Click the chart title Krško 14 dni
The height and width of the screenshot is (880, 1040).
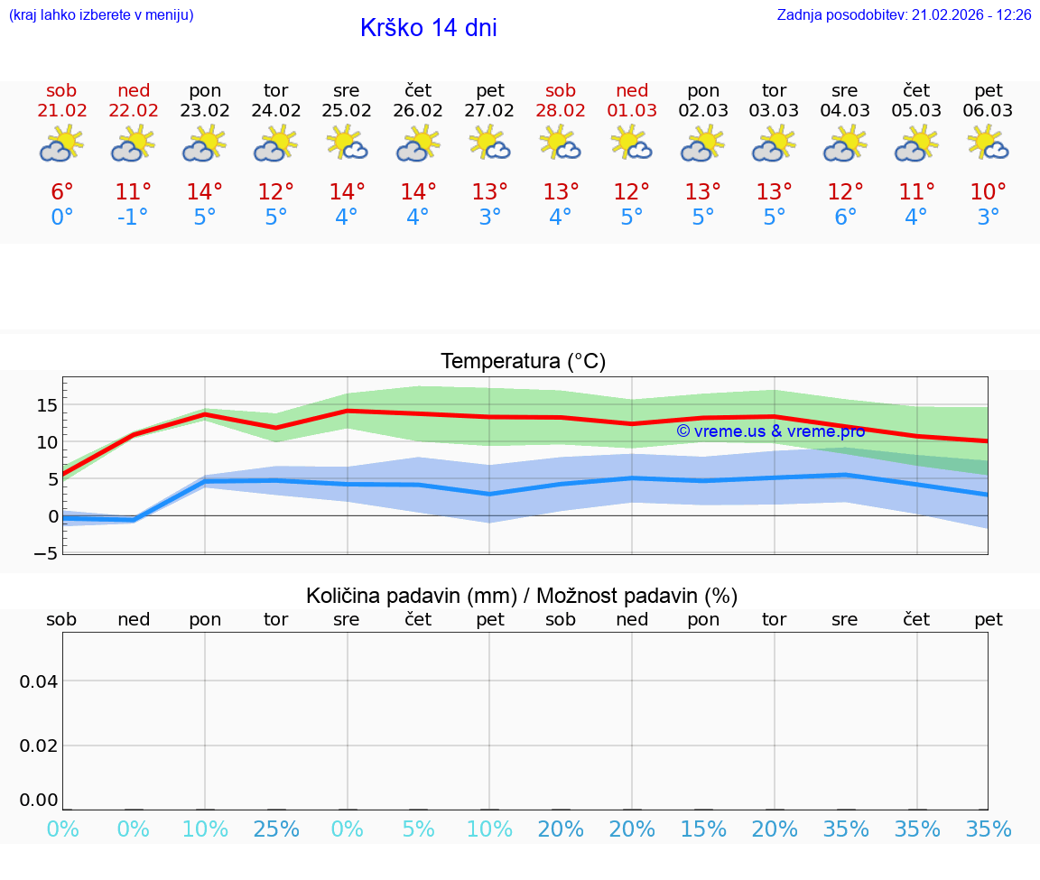tap(428, 28)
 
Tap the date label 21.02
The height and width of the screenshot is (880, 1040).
tap(61, 111)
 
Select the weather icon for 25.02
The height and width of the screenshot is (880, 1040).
tap(347, 143)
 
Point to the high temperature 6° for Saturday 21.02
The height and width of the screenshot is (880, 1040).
tap(61, 191)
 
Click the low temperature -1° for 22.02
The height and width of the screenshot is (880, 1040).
tap(132, 218)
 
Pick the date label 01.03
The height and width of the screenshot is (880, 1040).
tap(632, 111)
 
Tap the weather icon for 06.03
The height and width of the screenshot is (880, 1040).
tap(989, 143)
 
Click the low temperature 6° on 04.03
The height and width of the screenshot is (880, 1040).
tap(846, 218)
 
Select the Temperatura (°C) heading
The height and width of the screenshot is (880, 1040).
tap(523, 362)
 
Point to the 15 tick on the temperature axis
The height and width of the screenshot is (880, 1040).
tap(47, 405)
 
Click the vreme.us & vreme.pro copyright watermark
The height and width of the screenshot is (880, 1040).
tap(770, 431)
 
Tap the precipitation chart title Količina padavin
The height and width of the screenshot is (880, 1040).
tap(522, 596)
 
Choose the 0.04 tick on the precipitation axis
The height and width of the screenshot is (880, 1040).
tap(39, 681)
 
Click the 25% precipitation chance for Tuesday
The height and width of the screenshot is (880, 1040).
tap(276, 829)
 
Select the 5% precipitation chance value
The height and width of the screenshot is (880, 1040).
tap(418, 829)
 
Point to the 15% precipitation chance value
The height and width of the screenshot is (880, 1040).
tap(703, 829)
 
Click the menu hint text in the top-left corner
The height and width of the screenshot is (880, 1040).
tap(101, 15)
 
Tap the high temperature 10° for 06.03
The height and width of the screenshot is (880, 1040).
tap(989, 191)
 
